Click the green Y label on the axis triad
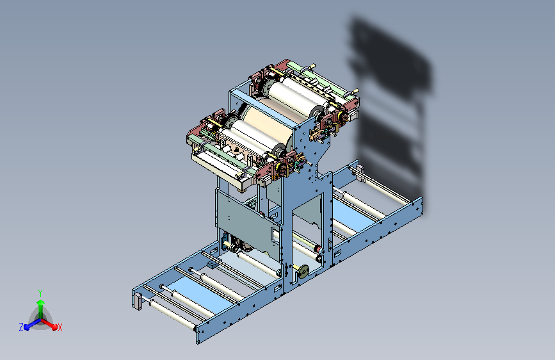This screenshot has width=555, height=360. click(40, 291)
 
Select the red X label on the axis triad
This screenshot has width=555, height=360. click(60, 327)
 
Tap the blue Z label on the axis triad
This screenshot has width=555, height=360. click(21, 327)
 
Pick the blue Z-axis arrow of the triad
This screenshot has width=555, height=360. click(29, 325)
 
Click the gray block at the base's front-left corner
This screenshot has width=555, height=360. click(137, 300)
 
